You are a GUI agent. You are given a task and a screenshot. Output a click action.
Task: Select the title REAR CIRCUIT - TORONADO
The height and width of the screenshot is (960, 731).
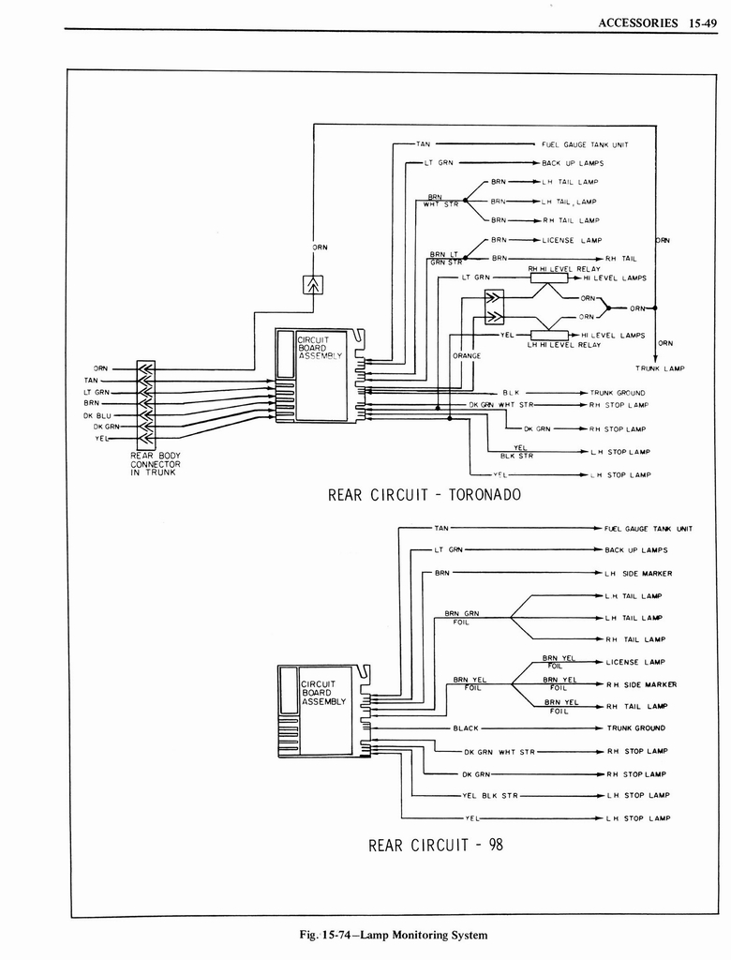tap(424, 494)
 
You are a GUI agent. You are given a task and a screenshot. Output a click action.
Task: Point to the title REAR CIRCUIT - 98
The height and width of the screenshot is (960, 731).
tap(436, 844)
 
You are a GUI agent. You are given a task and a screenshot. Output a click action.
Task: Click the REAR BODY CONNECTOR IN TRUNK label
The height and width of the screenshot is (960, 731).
tap(156, 464)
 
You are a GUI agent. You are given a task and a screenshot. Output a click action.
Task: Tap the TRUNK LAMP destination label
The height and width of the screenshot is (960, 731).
tap(660, 368)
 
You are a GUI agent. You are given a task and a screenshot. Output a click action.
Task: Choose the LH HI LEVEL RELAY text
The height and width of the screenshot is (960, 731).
tap(550, 345)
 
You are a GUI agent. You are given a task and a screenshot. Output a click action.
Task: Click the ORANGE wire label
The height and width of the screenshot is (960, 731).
tap(467, 356)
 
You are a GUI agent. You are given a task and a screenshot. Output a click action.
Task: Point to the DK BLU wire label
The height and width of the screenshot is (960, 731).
tap(97, 414)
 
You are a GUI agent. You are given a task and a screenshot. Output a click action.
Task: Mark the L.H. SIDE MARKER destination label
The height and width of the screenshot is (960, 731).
tap(638, 573)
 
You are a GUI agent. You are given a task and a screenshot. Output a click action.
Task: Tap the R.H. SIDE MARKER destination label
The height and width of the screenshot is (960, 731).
tap(641, 683)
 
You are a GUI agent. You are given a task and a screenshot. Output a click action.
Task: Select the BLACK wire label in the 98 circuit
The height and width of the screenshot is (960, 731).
tap(466, 727)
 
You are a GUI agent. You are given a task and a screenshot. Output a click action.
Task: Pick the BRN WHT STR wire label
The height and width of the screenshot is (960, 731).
tap(440, 200)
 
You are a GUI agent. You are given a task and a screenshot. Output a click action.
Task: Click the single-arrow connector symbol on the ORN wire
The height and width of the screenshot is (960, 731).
tap(312, 283)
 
